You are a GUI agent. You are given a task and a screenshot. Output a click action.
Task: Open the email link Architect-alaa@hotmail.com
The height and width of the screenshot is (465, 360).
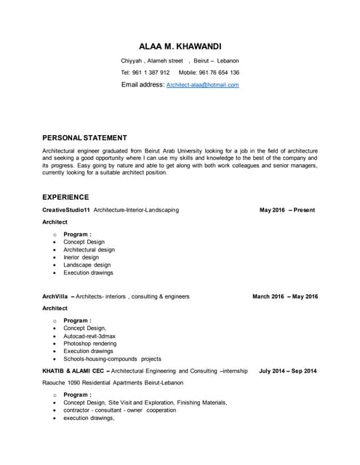pos(202,85)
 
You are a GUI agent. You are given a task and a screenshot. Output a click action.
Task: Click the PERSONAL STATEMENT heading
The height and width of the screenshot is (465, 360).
pos(84,137)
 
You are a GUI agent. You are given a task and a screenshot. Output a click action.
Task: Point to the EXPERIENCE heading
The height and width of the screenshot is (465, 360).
pos(65,197)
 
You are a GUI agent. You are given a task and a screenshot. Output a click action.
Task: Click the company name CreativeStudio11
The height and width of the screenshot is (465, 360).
pos(66,210)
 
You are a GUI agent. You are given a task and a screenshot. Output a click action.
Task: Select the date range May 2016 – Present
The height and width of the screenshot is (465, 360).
pos(287,210)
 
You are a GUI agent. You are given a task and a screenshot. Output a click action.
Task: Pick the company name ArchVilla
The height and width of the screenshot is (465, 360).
pos(55,296)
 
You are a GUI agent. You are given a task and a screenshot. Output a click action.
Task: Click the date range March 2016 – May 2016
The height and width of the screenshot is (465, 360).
pos(284,296)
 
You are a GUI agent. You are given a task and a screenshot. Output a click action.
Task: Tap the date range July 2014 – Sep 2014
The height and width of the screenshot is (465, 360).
pos(287,371)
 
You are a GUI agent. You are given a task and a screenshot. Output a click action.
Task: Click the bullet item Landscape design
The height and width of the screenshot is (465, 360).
pos(87,265)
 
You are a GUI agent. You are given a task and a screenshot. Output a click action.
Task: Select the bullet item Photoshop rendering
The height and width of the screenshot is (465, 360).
pos(91,344)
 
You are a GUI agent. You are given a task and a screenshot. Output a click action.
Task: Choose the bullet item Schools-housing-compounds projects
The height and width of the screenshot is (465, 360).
pos(112,359)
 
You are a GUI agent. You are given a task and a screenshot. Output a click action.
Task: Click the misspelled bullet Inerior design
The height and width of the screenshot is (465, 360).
pos(81,257)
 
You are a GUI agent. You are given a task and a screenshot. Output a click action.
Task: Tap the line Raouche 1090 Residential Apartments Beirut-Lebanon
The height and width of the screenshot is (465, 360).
pos(113,382)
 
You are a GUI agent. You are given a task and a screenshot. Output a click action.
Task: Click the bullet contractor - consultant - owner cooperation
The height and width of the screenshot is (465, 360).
pos(119,411)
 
